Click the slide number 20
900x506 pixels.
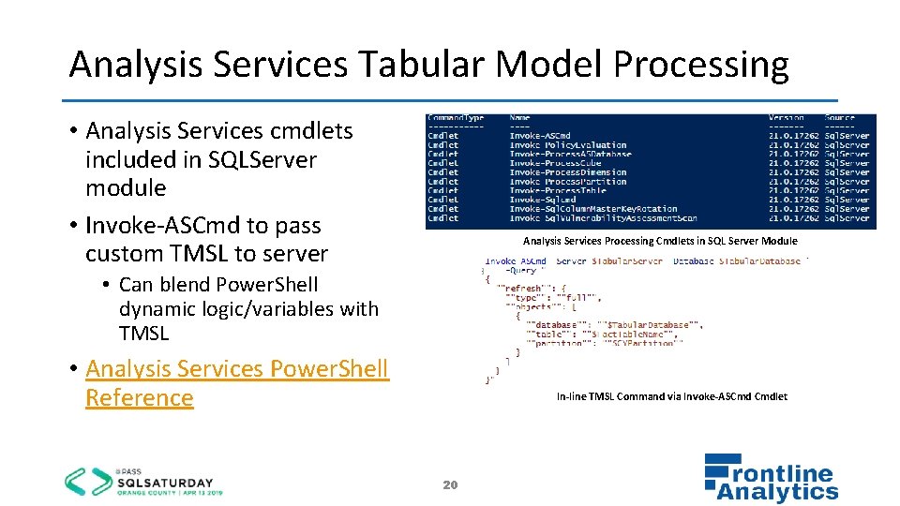[x=450, y=484]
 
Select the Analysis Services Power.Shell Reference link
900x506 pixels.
[x=236, y=382]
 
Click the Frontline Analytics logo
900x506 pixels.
[x=771, y=479]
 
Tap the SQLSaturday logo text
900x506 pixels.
[x=164, y=482]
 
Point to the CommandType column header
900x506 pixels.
[x=456, y=118]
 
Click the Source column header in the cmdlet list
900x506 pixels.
[x=840, y=118]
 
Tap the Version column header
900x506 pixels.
[x=786, y=118]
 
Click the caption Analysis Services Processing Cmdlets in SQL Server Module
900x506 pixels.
[x=660, y=241]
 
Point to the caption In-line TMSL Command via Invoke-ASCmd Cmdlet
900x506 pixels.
[x=671, y=396]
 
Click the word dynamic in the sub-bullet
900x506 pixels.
[x=155, y=308]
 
